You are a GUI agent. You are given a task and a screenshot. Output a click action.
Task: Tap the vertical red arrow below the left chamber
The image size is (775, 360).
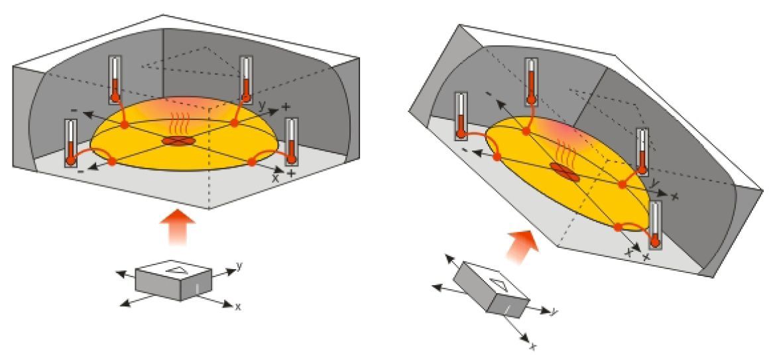[x=178, y=227]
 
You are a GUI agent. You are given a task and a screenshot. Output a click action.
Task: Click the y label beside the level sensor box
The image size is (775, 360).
[x=239, y=266]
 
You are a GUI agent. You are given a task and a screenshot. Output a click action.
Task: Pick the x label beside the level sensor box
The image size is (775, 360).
[x=238, y=307]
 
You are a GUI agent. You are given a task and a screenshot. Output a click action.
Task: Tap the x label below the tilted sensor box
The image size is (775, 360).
[x=533, y=347]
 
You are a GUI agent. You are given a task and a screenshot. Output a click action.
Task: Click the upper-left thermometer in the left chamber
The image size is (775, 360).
[x=115, y=79]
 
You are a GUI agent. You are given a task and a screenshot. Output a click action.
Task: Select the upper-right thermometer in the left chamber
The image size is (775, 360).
[x=246, y=79]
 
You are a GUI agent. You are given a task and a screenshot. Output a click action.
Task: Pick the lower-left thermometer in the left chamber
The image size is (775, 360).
[x=71, y=143]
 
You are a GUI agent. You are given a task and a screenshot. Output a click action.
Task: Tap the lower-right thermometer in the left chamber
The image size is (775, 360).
[x=292, y=142]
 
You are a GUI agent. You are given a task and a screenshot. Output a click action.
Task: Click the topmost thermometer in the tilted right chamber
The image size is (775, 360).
[x=531, y=82]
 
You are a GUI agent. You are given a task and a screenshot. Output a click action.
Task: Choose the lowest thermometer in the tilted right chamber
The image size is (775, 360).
[x=656, y=225]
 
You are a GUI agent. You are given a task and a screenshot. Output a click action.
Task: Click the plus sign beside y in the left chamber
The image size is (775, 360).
[x=286, y=106]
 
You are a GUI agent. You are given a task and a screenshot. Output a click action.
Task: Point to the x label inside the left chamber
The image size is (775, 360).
[x=275, y=178]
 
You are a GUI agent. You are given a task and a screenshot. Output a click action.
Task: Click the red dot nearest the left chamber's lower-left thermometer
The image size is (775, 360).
[x=112, y=161]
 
